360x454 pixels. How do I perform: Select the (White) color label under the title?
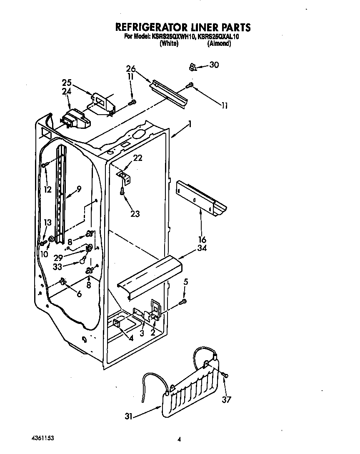point(169,44)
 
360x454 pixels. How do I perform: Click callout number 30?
point(214,65)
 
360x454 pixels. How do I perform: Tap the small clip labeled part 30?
point(192,66)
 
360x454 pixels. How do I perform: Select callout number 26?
point(131,69)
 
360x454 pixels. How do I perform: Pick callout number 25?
point(67,82)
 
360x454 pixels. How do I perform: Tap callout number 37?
point(227,400)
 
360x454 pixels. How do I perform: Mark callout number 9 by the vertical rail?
point(79,188)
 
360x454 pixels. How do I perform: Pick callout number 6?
point(79,294)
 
